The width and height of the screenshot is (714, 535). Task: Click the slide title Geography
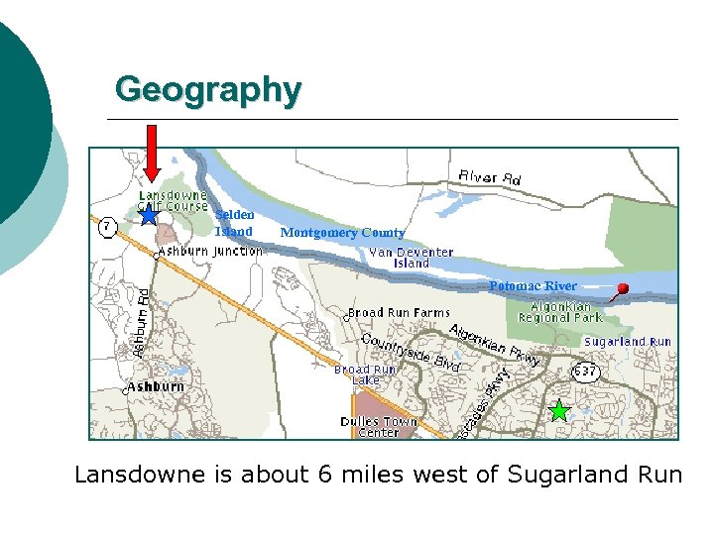[207, 89]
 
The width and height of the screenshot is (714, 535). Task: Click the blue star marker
[149, 214]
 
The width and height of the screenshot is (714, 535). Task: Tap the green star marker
[559, 411]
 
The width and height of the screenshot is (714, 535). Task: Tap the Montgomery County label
[342, 233]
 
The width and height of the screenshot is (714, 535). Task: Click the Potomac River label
[532, 286]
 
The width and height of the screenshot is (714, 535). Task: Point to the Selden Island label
[235, 223]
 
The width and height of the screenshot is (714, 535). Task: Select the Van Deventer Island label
[411, 258]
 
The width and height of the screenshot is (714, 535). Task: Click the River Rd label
[489, 177]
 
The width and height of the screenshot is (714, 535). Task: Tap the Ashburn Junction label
[211, 251]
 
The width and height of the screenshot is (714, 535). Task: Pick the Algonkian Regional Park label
[559, 312]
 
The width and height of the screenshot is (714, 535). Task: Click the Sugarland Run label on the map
[627, 342]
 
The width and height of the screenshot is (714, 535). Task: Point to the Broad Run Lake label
[365, 374]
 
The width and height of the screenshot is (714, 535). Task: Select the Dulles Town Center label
[379, 427]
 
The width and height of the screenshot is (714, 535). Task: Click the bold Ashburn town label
[156, 386]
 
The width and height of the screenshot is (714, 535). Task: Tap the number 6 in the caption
[324, 475]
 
